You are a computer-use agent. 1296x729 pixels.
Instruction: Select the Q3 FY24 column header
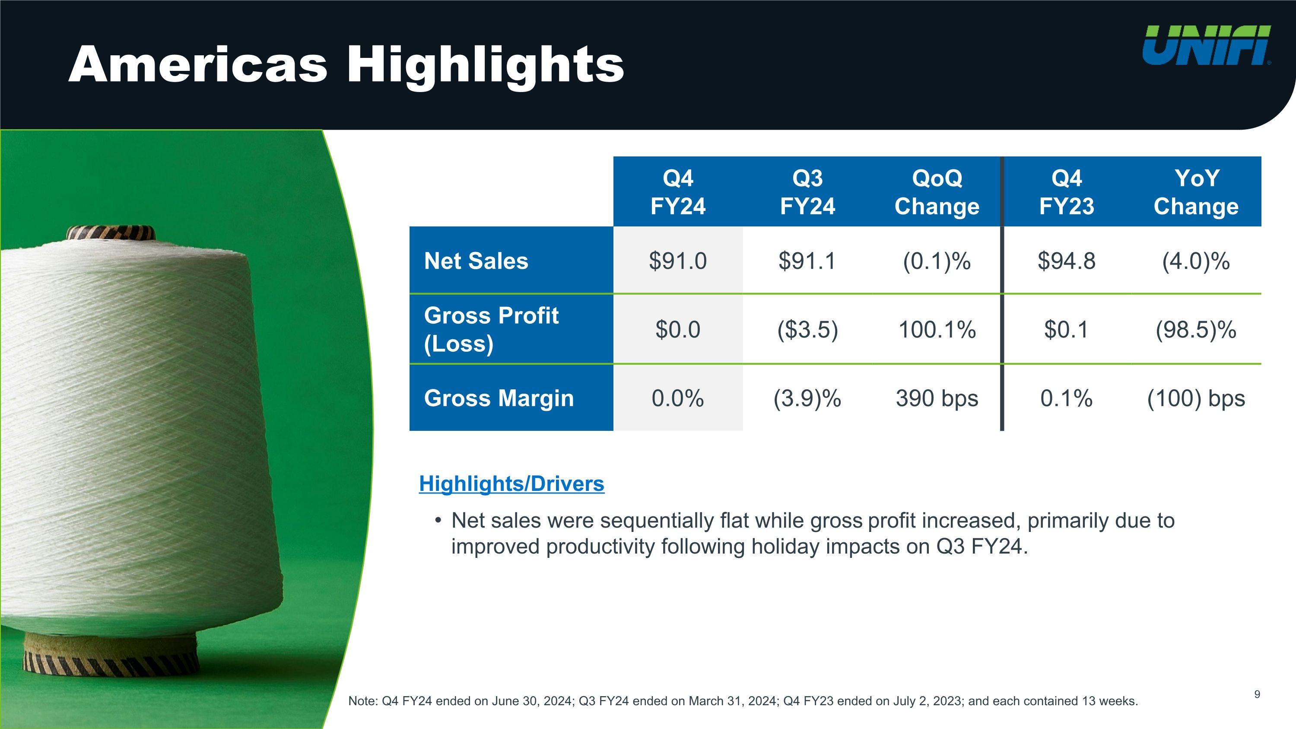click(x=807, y=192)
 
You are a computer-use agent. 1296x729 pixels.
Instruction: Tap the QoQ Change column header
click(x=937, y=192)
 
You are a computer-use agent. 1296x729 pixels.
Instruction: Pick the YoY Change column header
click(x=1196, y=192)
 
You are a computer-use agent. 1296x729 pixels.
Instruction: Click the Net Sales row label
click(x=476, y=261)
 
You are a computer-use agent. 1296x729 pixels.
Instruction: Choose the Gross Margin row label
click(x=499, y=398)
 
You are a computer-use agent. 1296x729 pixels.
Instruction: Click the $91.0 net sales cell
click(x=678, y=261)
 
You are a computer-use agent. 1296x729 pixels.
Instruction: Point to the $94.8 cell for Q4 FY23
click(x=1067, y=261)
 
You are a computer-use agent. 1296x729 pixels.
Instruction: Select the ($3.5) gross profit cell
click(x=807, y=330)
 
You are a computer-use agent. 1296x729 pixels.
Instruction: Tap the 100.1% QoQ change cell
click(x=937, y=330)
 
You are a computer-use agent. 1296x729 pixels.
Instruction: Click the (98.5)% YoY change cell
click(x=1196, y=330)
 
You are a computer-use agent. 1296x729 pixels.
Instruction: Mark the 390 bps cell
click(x=937, y=398)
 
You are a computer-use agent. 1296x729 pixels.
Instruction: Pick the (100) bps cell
click(x=1196, y=398)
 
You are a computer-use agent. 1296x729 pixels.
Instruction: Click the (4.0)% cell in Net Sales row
click(x=1196, y=261)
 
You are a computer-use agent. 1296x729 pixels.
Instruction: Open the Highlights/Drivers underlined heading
click(x=511, y=484)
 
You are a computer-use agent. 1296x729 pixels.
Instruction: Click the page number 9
click(x=1257, y=694)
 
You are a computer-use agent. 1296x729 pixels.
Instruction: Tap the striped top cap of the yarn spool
click(x=111, y=233)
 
